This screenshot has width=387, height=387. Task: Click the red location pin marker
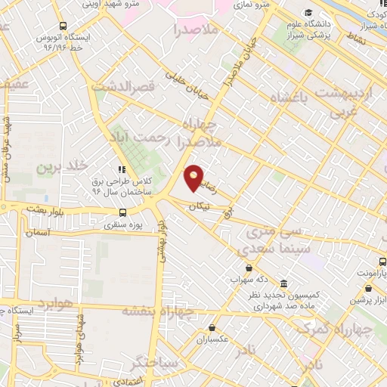194,177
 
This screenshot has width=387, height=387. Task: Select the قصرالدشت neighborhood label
123,85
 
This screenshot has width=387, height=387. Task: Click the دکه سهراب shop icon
247,268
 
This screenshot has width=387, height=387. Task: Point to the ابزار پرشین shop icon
367,289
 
